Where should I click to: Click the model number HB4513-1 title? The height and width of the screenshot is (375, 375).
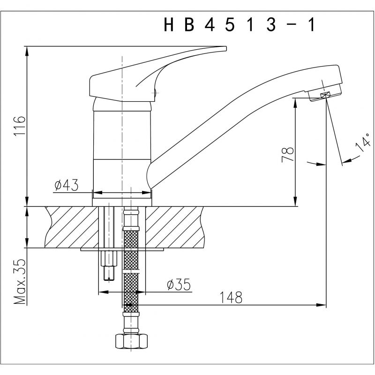[x=239, y=25]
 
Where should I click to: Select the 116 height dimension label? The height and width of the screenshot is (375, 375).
[x=20, y=126]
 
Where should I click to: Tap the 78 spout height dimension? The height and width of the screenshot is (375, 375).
[x=288, y=155]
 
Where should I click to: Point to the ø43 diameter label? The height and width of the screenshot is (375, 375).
[x=66, y=185]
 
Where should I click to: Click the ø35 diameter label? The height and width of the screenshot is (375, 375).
[x=179, y=285]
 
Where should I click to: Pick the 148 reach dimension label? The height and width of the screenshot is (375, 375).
[x=231, y=298]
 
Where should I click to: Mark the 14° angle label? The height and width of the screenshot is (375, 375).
[x=363, y=144]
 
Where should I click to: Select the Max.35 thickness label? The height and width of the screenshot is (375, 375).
[x=20, y=282]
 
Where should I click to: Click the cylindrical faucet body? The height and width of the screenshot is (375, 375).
[x=122, y=153]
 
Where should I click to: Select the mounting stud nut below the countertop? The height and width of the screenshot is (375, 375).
[x=109, y=259]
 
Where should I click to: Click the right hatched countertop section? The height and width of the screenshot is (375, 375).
[x=174, y=227]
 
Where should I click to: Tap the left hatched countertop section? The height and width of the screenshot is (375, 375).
[x=72, y=227]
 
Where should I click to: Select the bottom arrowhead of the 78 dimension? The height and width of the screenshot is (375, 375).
[x=296, y=202]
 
